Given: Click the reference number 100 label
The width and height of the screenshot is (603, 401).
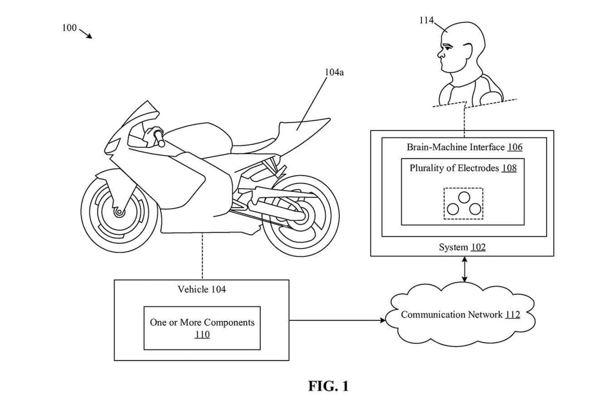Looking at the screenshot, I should click(69, 28).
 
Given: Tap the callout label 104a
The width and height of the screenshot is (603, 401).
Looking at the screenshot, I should click(334, 72).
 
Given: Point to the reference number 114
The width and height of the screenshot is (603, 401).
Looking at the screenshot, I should click(426, 20).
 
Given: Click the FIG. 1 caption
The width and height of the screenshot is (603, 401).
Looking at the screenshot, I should click(328, 386).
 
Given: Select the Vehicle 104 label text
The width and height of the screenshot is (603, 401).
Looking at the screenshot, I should click(201, 289).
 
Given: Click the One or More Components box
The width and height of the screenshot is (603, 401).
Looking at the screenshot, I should click(202, 328).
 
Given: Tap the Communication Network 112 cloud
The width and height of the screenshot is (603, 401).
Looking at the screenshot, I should click(460, 315).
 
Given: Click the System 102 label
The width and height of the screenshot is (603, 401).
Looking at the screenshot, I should click(462, 247).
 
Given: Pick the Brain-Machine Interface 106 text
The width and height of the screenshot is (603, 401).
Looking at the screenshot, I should click(464, 147).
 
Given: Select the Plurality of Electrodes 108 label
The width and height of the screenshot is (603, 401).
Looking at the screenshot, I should click(463, 168).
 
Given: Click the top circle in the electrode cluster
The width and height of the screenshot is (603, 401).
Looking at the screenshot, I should click(464, 197).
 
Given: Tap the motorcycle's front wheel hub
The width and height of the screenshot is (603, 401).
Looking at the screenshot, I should click(119, 212).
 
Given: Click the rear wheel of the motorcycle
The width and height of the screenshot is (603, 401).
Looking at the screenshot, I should click(301, 216).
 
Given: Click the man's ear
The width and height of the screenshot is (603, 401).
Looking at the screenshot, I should click(467, 51).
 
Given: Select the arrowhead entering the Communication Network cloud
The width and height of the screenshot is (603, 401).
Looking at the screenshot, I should click(382, 320).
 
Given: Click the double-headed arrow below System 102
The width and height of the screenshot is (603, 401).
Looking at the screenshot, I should click(464, 269).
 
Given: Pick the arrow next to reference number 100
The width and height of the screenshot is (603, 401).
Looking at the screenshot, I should click(86, 34).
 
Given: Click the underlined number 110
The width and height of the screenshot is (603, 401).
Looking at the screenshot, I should click(202, 334).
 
